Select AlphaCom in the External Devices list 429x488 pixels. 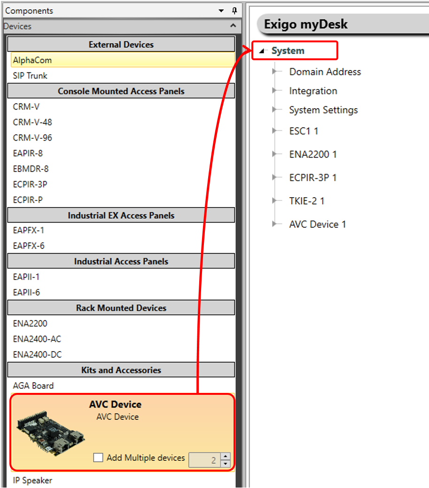[32, 60]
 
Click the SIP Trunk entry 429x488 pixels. [30, 76]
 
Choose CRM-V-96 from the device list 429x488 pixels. [32, 138]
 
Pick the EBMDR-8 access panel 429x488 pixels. [31, 169]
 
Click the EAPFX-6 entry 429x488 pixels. [29, 246]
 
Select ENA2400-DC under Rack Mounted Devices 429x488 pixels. [37, 355]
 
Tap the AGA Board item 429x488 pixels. [33, 386]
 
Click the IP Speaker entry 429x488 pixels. [32, 480]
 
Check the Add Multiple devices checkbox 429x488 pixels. [98, 457]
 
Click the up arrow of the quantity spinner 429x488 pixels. [226, 456]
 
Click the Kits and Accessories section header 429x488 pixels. [121, 370]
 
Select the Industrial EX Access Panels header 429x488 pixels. [121, 216]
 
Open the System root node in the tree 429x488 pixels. [288, 51]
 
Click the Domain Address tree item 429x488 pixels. [325, 72]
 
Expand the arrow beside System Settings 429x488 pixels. [274, 110]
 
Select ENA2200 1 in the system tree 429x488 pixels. [313, 154]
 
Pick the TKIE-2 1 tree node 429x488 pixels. [307, 201]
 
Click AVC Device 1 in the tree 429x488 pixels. [318, 224]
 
